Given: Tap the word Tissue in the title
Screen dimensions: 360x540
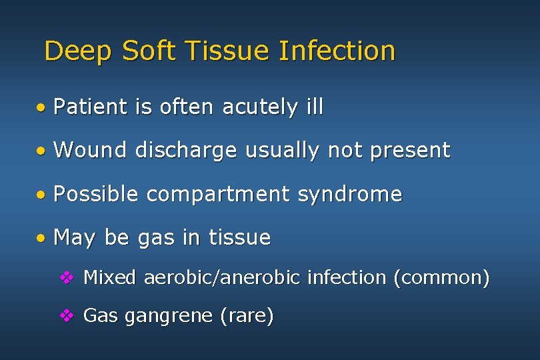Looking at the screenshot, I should click(224, 51).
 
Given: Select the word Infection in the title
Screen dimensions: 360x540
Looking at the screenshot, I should click(337, 51).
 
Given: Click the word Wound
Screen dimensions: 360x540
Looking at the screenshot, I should click(89, 151).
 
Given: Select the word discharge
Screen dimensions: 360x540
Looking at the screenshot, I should click(185, 151).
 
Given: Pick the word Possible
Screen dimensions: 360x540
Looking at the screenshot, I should click(95, 194).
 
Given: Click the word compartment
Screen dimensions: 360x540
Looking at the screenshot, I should click(217, 194).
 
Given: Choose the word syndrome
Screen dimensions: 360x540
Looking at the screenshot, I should click(350, 194).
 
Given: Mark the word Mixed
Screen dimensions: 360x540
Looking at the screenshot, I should click(109, 277).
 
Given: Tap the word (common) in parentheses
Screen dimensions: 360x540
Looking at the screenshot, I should click(441, 277).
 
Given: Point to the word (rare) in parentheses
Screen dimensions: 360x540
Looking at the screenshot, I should click(247, 316).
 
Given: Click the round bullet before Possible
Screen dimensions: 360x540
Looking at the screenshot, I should click(41, 195).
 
